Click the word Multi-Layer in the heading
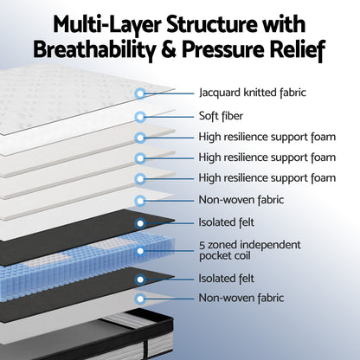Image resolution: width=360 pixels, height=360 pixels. [x=106, y=25]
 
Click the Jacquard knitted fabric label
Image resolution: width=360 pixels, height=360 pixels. [x=253, y=93]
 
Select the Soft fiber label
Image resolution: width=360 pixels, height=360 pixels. [x=221, y=116]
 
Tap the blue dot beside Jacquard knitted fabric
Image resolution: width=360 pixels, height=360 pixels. [x=140, y=93]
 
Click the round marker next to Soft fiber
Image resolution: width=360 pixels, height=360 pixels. [x=140, y=117]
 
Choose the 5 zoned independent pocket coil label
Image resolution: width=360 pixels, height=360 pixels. [x=250, y=250]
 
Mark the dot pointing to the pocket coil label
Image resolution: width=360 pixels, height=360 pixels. [x=140, y=251]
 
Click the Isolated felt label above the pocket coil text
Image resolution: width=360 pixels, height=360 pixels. [x=227, y=222]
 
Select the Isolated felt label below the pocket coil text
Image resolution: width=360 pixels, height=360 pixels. [x=227, y=279]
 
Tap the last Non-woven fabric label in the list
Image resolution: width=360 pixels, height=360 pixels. [x=241, y=298]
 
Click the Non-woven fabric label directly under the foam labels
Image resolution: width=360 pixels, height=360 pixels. [x=241, y=200]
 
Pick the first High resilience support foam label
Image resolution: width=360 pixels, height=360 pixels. [x=267, y=137]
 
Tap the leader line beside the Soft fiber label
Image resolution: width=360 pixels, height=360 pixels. [x=170, y=117]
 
